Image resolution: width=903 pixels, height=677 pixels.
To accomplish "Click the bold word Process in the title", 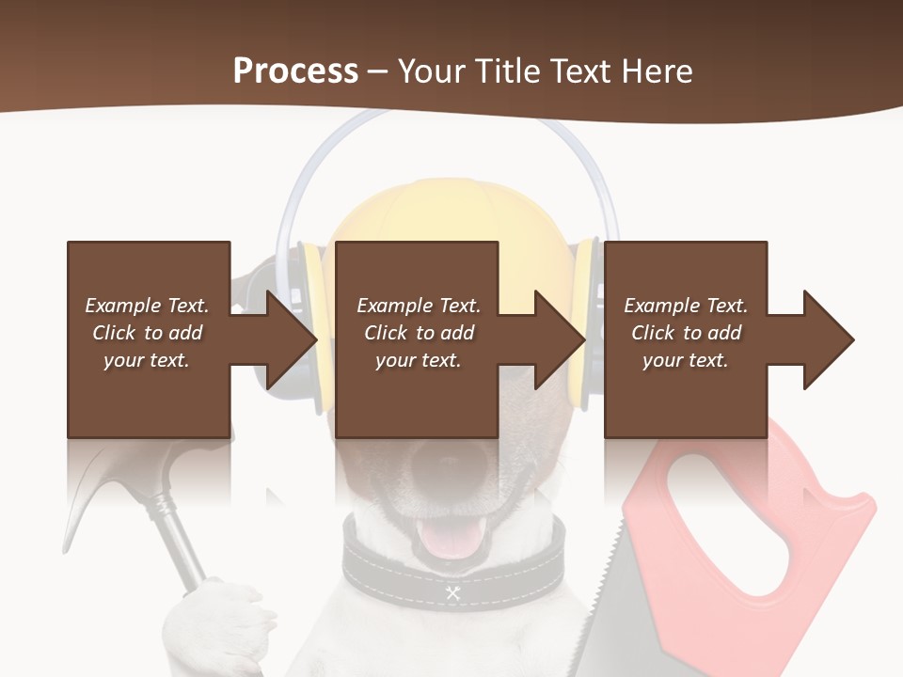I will pos(295,71).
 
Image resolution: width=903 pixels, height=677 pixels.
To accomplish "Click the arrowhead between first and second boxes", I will pos(292,339).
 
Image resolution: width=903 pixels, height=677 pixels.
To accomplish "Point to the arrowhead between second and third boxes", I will pos(560,339).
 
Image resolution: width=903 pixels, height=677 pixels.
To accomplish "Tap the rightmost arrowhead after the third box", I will pos(828,339).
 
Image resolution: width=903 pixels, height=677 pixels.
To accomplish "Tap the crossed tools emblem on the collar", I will pos(452,592).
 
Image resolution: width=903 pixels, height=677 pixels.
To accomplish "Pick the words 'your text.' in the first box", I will pos(147,360).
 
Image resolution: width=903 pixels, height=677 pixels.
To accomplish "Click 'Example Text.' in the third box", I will pos(686,306).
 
